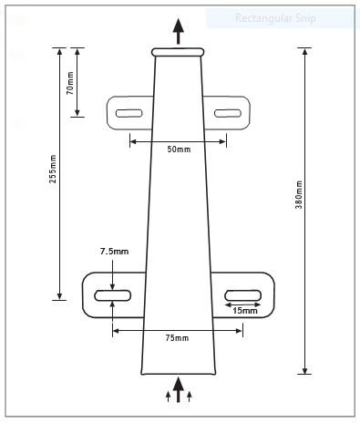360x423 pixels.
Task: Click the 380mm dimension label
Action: (299, 195)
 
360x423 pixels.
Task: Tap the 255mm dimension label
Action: (53, 169)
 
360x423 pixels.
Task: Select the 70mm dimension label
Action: (70, 83)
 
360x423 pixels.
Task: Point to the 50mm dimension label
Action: (179, 150)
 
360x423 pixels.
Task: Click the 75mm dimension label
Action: (177, 338)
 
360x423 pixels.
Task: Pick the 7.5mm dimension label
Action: (114, 252)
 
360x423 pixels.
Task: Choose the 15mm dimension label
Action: (245, 311)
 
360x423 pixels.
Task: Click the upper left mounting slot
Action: (129, 113)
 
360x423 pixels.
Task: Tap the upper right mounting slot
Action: (228, 113)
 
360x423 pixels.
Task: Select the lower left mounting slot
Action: (113, 295)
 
